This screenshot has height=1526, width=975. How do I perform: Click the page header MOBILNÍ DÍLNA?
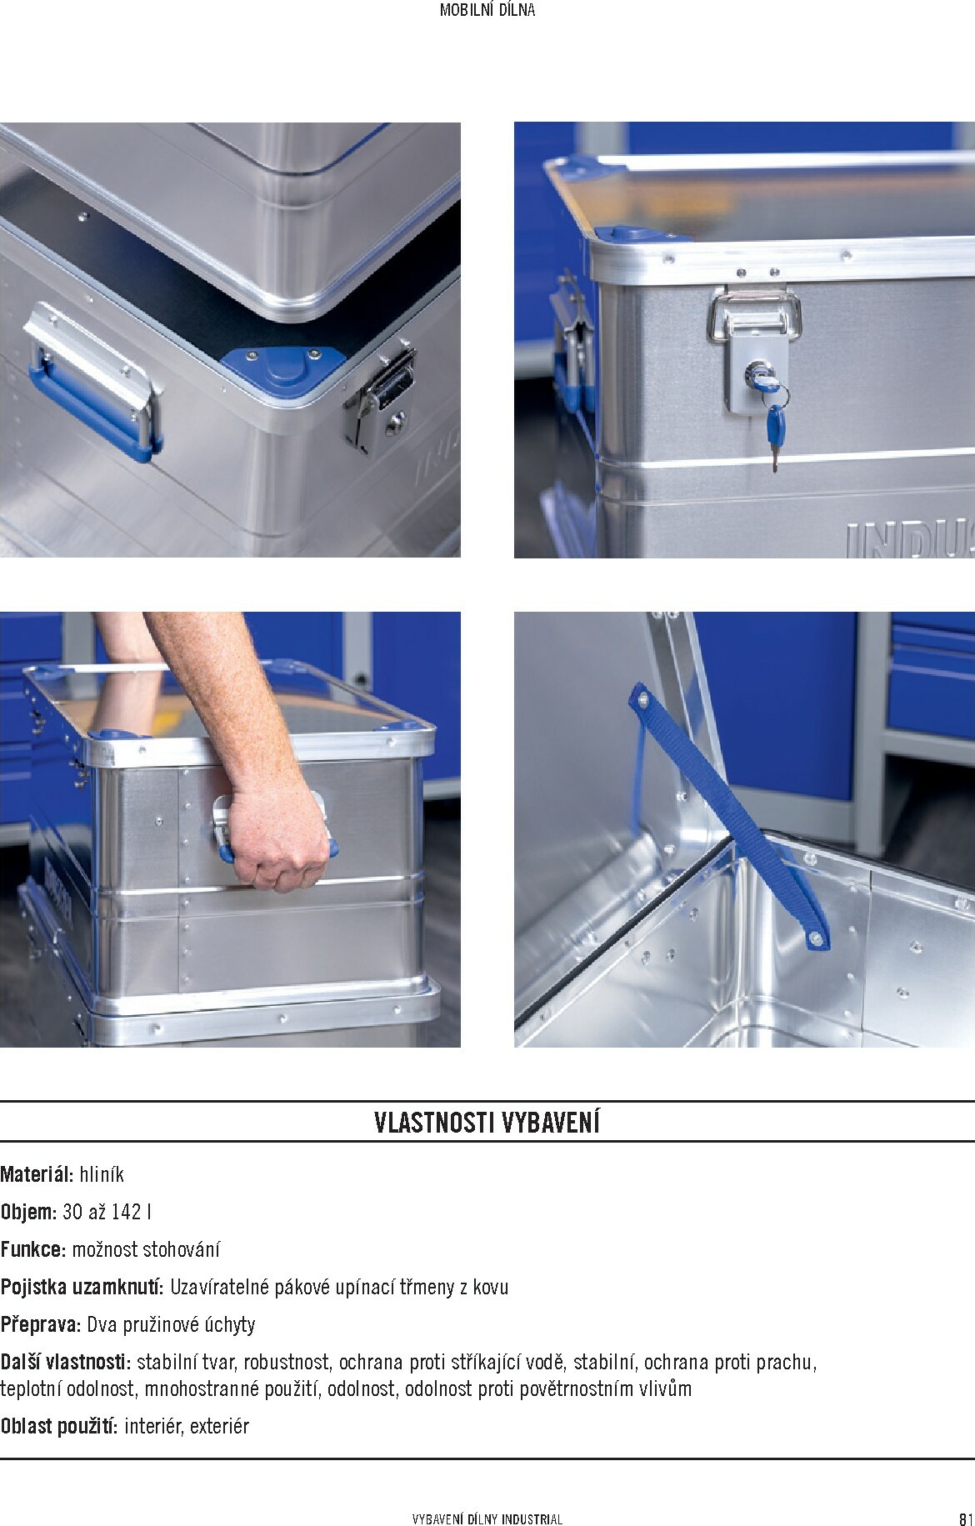(x=487, y=11)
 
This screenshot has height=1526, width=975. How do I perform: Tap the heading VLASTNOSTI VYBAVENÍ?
(x=487, y=1123)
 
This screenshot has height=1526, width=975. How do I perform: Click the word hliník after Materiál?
(x=102, y=1174)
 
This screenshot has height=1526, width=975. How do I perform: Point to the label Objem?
(x=28, y=1212)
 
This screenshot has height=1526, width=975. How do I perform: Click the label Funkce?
(x=33, y=1249)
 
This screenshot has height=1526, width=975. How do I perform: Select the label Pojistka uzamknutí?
(x=82, y=1287)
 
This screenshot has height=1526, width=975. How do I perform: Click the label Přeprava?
(x=41, y=1324)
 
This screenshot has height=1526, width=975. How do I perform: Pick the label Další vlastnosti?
(x=66, y=1362)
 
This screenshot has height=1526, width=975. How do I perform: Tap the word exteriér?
(x=219, y=1426)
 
